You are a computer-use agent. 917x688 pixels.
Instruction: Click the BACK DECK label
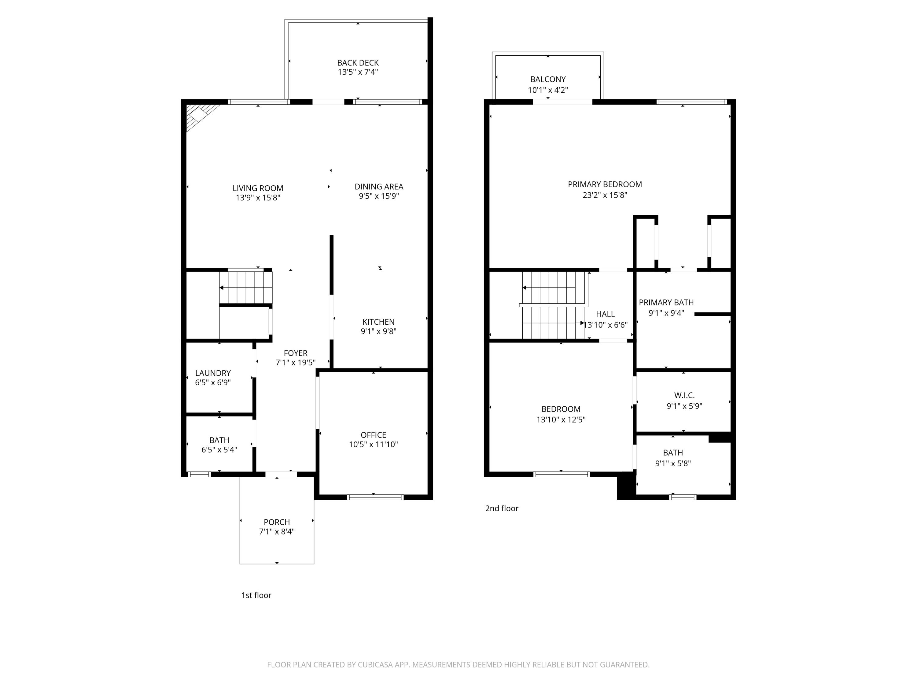[358, 63]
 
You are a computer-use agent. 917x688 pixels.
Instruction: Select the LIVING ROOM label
[258, 188]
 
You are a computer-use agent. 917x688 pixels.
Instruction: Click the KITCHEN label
[378, 322]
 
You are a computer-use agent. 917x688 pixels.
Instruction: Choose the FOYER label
[296, 353]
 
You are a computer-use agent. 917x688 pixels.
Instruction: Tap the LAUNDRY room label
[213, 373]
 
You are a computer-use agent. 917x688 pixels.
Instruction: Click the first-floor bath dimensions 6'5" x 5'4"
[219, 449]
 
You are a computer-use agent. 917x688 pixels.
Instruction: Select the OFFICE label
[374, 435]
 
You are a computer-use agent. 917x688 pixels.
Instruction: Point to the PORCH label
[277, 522]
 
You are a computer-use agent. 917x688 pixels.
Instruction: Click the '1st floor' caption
[256, 595]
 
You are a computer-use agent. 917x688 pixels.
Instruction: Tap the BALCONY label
[548, 79]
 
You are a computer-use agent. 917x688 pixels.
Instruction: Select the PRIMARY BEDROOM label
[605, 184]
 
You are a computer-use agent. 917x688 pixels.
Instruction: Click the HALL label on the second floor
[605, 314]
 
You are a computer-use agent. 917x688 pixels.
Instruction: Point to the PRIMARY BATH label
[666, 302]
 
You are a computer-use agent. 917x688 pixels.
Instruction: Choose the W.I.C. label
[684, 395]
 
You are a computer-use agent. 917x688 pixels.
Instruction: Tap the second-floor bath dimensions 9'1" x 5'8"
[673, 464]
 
